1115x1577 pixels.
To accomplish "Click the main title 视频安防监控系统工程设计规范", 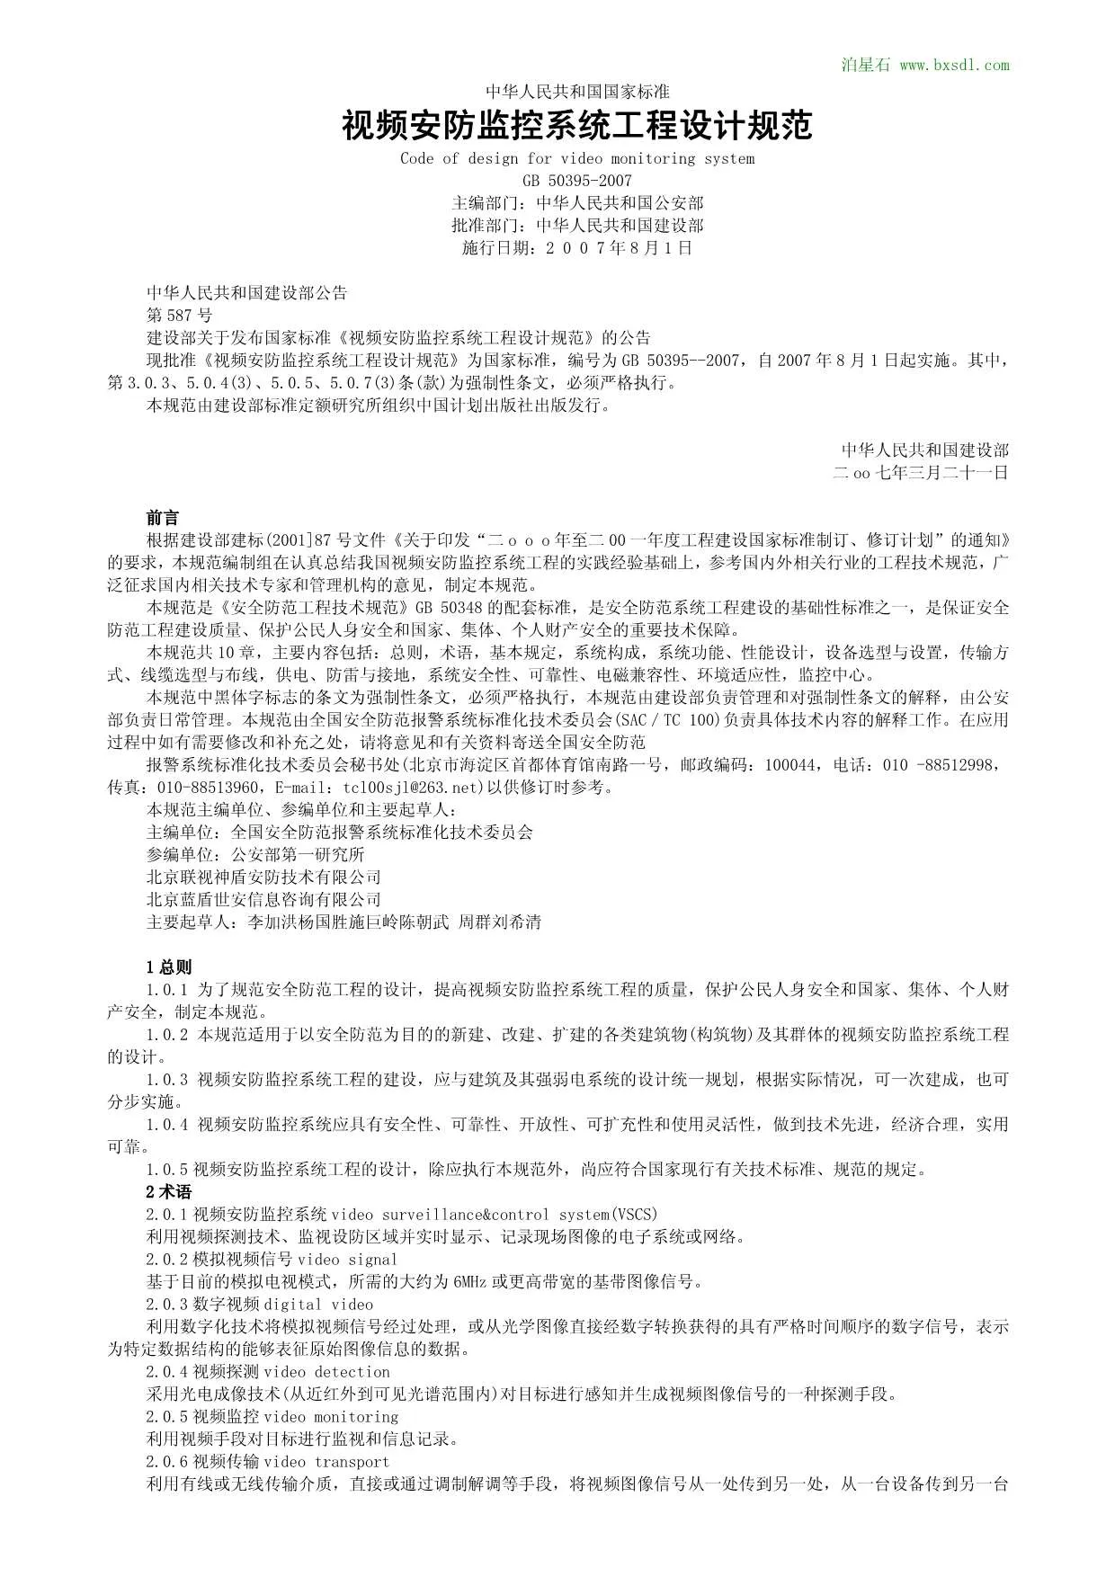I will (x=577, y=125).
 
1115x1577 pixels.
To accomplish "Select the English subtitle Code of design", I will (x=577, y=159).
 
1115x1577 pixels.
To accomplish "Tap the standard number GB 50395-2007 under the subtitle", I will (x=577, y=181).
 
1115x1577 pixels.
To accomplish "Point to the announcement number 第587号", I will (x=179, y=316).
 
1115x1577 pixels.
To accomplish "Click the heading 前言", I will (x=163, y=518).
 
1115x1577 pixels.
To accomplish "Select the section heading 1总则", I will (x=168, y=967).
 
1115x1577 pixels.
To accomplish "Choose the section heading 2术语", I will (x=168, y=1192).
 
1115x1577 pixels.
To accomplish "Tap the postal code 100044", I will (x=791, y=765).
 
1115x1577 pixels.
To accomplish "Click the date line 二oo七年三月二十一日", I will (x=921, y=473).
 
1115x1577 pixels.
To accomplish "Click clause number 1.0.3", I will (x=167, y=1080).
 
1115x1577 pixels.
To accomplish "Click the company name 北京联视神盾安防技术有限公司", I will (x=263, y=878).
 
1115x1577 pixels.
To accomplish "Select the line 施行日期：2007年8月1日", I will (x=577, y=248).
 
